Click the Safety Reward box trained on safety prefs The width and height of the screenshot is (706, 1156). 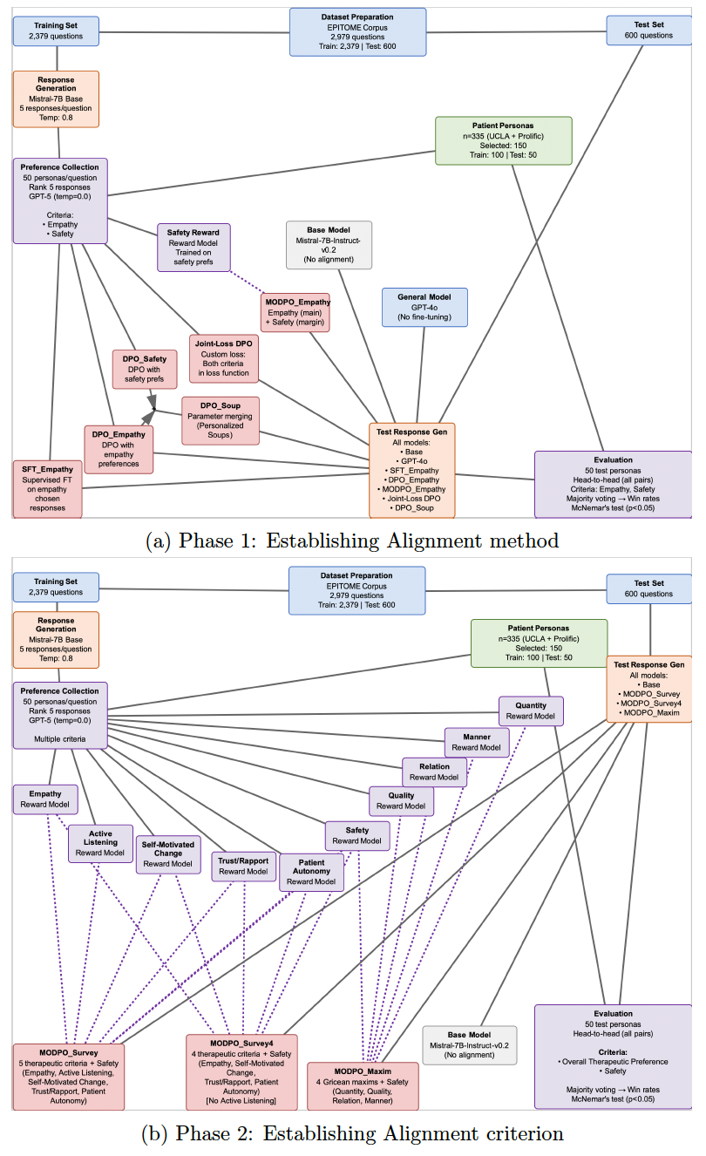pyautogui.click(x=193, y=247)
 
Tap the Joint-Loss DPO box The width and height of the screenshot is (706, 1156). pyautogui.click(x=224, y=358)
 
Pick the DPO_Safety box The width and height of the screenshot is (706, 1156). pyautogui.click(x=144, y=367)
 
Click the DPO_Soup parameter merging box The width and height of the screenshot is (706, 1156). pyautogui.click(x=220, y=419)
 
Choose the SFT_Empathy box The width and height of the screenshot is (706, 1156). pyautogui.click(x=48, y=488)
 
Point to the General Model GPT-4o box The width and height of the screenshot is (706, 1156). pyautogui.click(x=424, y=308)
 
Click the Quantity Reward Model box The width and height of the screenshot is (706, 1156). pyautogui.click(x=531, y=711)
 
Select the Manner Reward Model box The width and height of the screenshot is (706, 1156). pyautogui.click(x=477, y=742)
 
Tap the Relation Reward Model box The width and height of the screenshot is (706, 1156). pyautogui.click(x=434, y=772)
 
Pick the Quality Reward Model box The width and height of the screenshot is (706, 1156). pyautogui.click(x=402, y=800)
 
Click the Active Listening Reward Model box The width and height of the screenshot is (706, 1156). pyautogui.click(x=101, y=843)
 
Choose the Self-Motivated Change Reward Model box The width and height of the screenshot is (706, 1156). pyautogui.click(x=168, y=854)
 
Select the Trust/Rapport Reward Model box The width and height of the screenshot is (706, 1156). pyautogui.click(x=244, y=866)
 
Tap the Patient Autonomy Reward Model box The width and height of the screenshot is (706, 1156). pyautogui.click(x=311, y=872)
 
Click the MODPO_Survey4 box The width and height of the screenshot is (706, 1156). pyautogui.click(x=241, y=1071)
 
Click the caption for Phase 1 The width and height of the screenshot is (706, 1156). pyautogui.click(x=352, y=541)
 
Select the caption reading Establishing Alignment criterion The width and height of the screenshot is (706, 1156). pyautogui.click(x=352, y=1133)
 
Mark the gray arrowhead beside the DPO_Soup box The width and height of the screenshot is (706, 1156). pyautogui.click(x=151, y=400)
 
